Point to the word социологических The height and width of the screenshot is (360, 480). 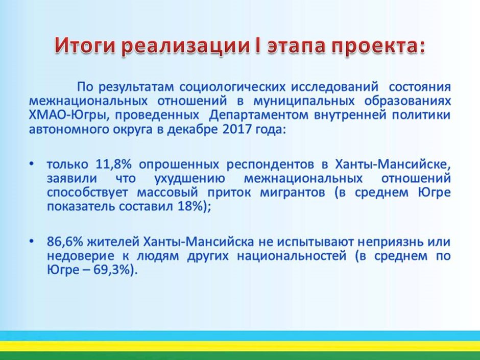click(232, 87)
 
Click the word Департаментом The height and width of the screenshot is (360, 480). click(259, 115)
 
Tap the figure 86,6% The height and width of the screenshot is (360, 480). click(65, 242)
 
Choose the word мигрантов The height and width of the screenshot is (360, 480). click(293, 193)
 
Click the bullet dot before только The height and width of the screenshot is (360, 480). click(31, 164)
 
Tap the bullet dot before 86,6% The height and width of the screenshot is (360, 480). click(31, 242)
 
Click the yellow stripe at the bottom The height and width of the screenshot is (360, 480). click(240, 346)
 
